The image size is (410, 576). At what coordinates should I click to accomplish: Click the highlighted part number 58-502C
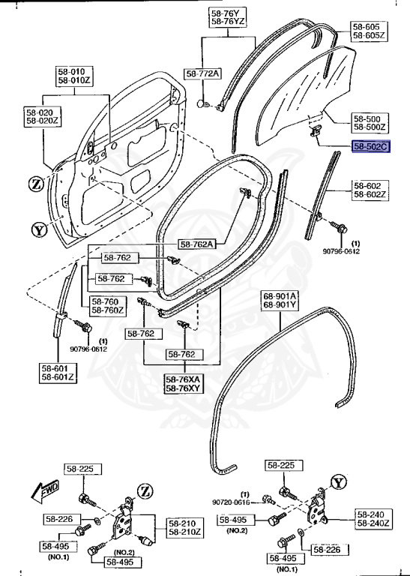(370, 148)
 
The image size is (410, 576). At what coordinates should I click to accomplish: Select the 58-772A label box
(203, 73)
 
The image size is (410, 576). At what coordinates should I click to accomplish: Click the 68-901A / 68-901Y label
(279, 301)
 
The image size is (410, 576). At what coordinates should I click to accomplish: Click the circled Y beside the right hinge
(340, 482)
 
